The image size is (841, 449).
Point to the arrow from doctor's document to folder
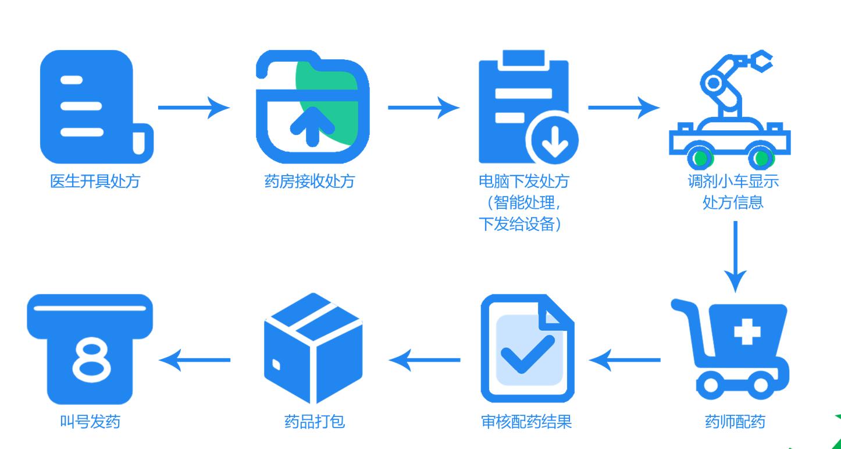(193, 108)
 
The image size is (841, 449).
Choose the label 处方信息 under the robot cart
(733, 203)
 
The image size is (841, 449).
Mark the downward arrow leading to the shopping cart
(736, 256)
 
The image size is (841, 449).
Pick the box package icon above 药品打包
(313, 348)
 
